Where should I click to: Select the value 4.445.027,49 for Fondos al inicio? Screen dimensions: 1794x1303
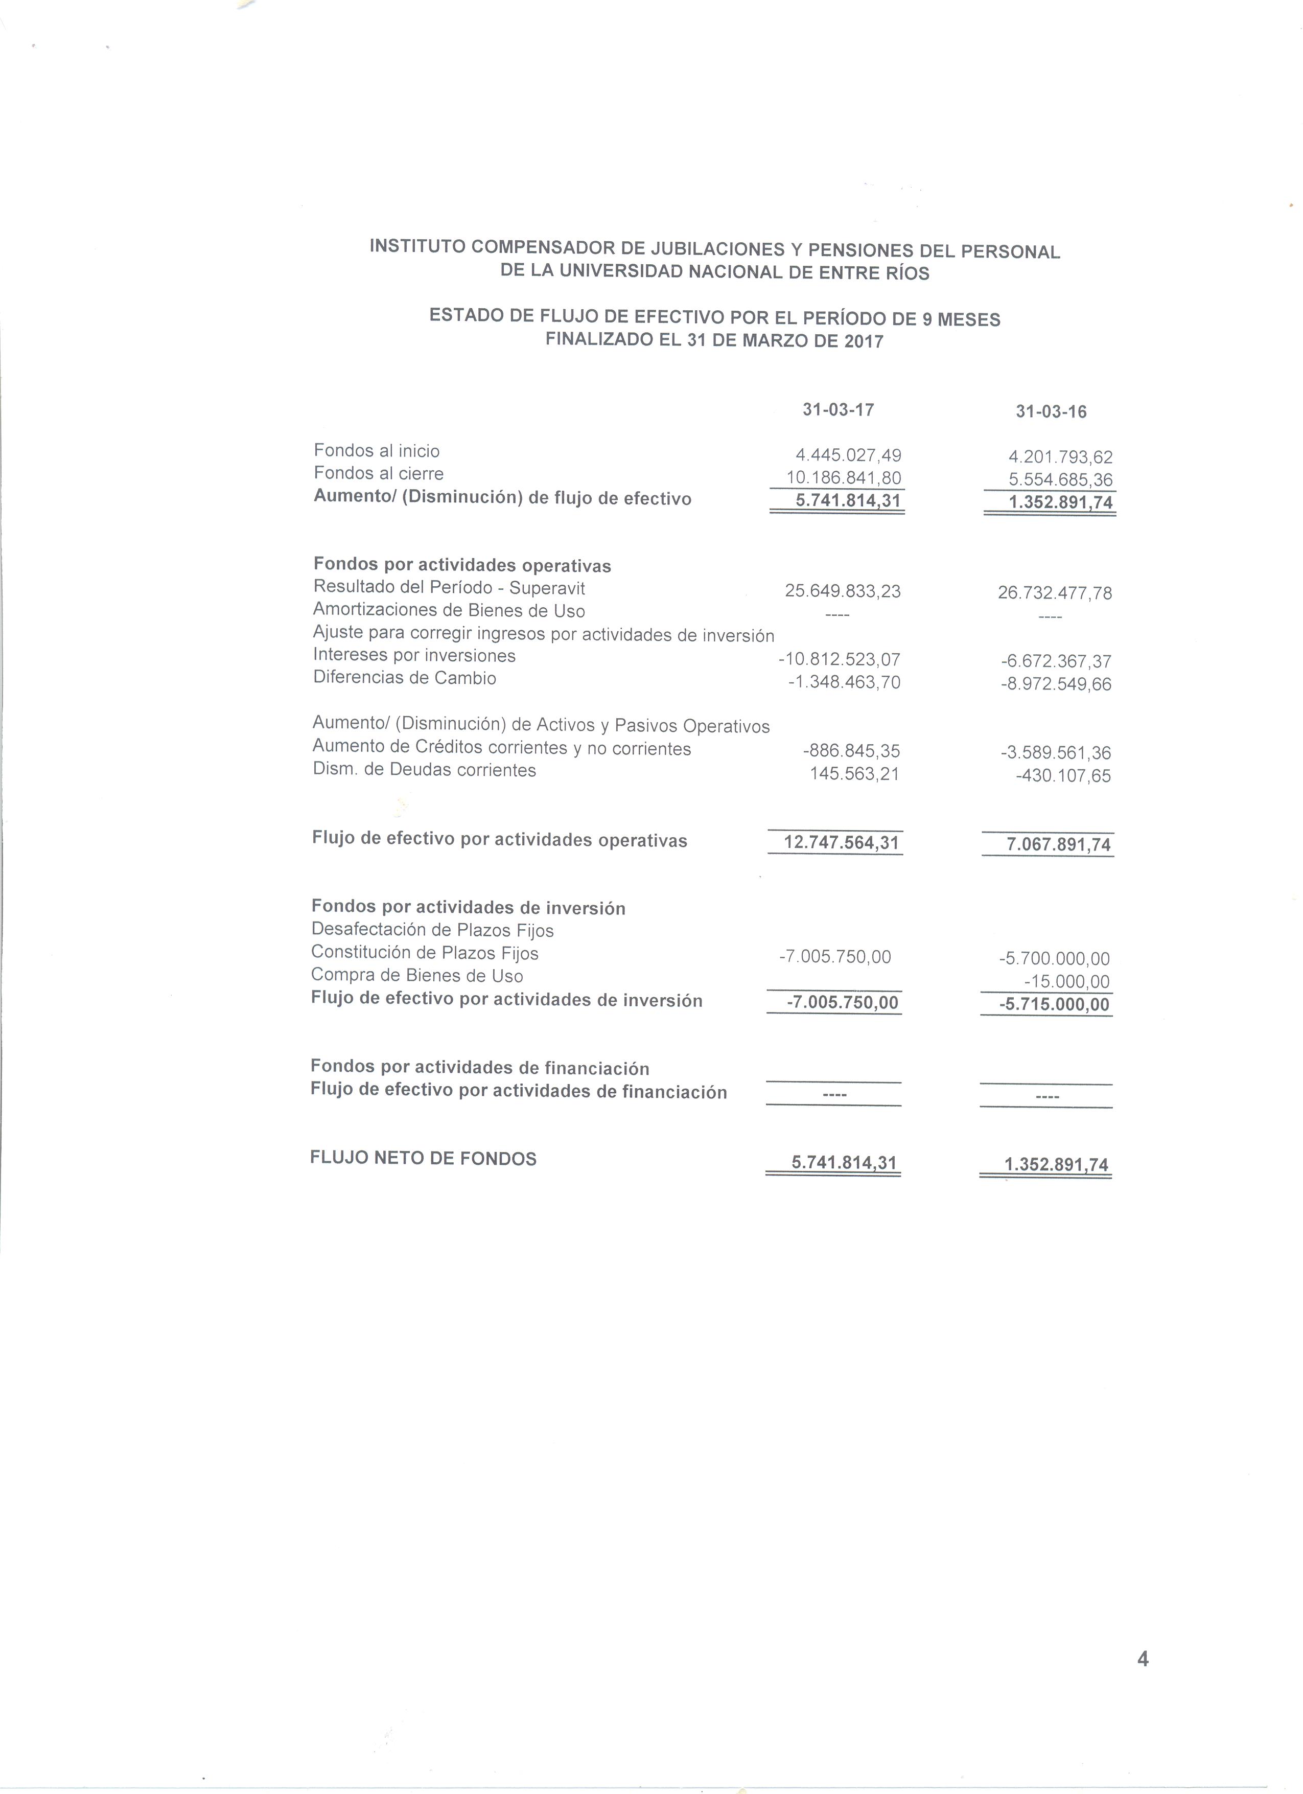848,455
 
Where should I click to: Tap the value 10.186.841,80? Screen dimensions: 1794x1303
844,478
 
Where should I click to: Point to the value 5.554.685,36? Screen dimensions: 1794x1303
1060,480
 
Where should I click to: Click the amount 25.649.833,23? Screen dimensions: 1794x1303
843,592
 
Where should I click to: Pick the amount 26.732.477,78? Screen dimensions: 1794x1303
1055,593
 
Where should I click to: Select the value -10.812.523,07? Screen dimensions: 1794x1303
839,660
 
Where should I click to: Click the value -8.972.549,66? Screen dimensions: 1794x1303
1056,684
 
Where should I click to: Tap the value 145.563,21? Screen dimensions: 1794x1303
854,774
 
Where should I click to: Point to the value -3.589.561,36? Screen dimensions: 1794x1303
1056,753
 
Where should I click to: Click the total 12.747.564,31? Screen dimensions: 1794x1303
841,842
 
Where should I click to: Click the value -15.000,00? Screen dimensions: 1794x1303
1066,982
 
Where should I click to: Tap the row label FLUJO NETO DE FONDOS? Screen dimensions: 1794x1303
423,1159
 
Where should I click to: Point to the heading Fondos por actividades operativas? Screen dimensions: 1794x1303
462,566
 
